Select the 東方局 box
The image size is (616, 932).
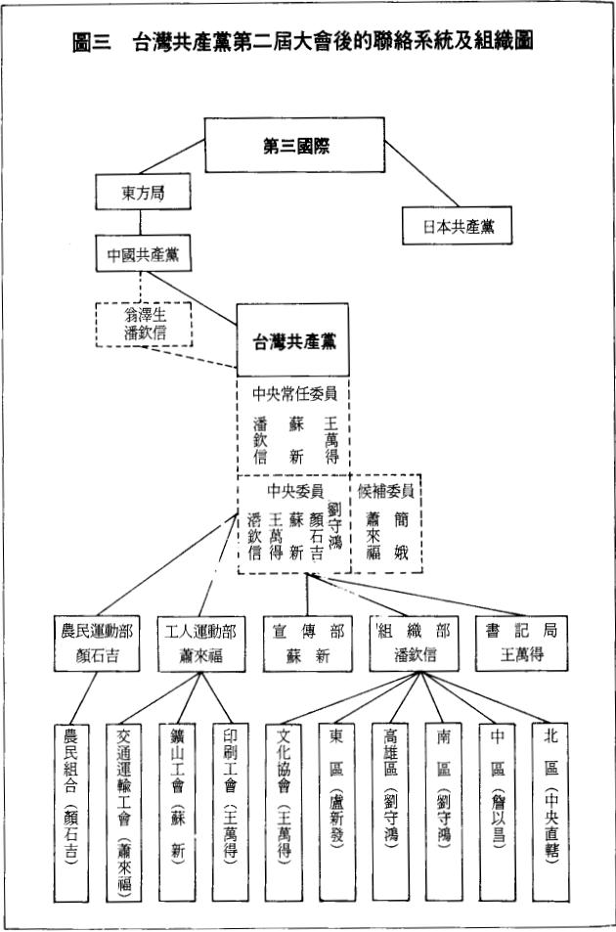(143, 194)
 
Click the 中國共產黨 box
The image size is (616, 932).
(143, 255)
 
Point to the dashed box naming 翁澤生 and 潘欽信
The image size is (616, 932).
(144, 322)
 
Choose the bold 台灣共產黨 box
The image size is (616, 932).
(294, 341)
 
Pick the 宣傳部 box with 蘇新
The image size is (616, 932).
(305, 643)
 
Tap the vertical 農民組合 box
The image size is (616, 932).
(73, 812)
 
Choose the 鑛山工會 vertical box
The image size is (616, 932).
(180, 812)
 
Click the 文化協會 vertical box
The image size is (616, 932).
(286, 812)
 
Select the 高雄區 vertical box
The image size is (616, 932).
(391, 812)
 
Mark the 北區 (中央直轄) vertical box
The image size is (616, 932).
(550, 812)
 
